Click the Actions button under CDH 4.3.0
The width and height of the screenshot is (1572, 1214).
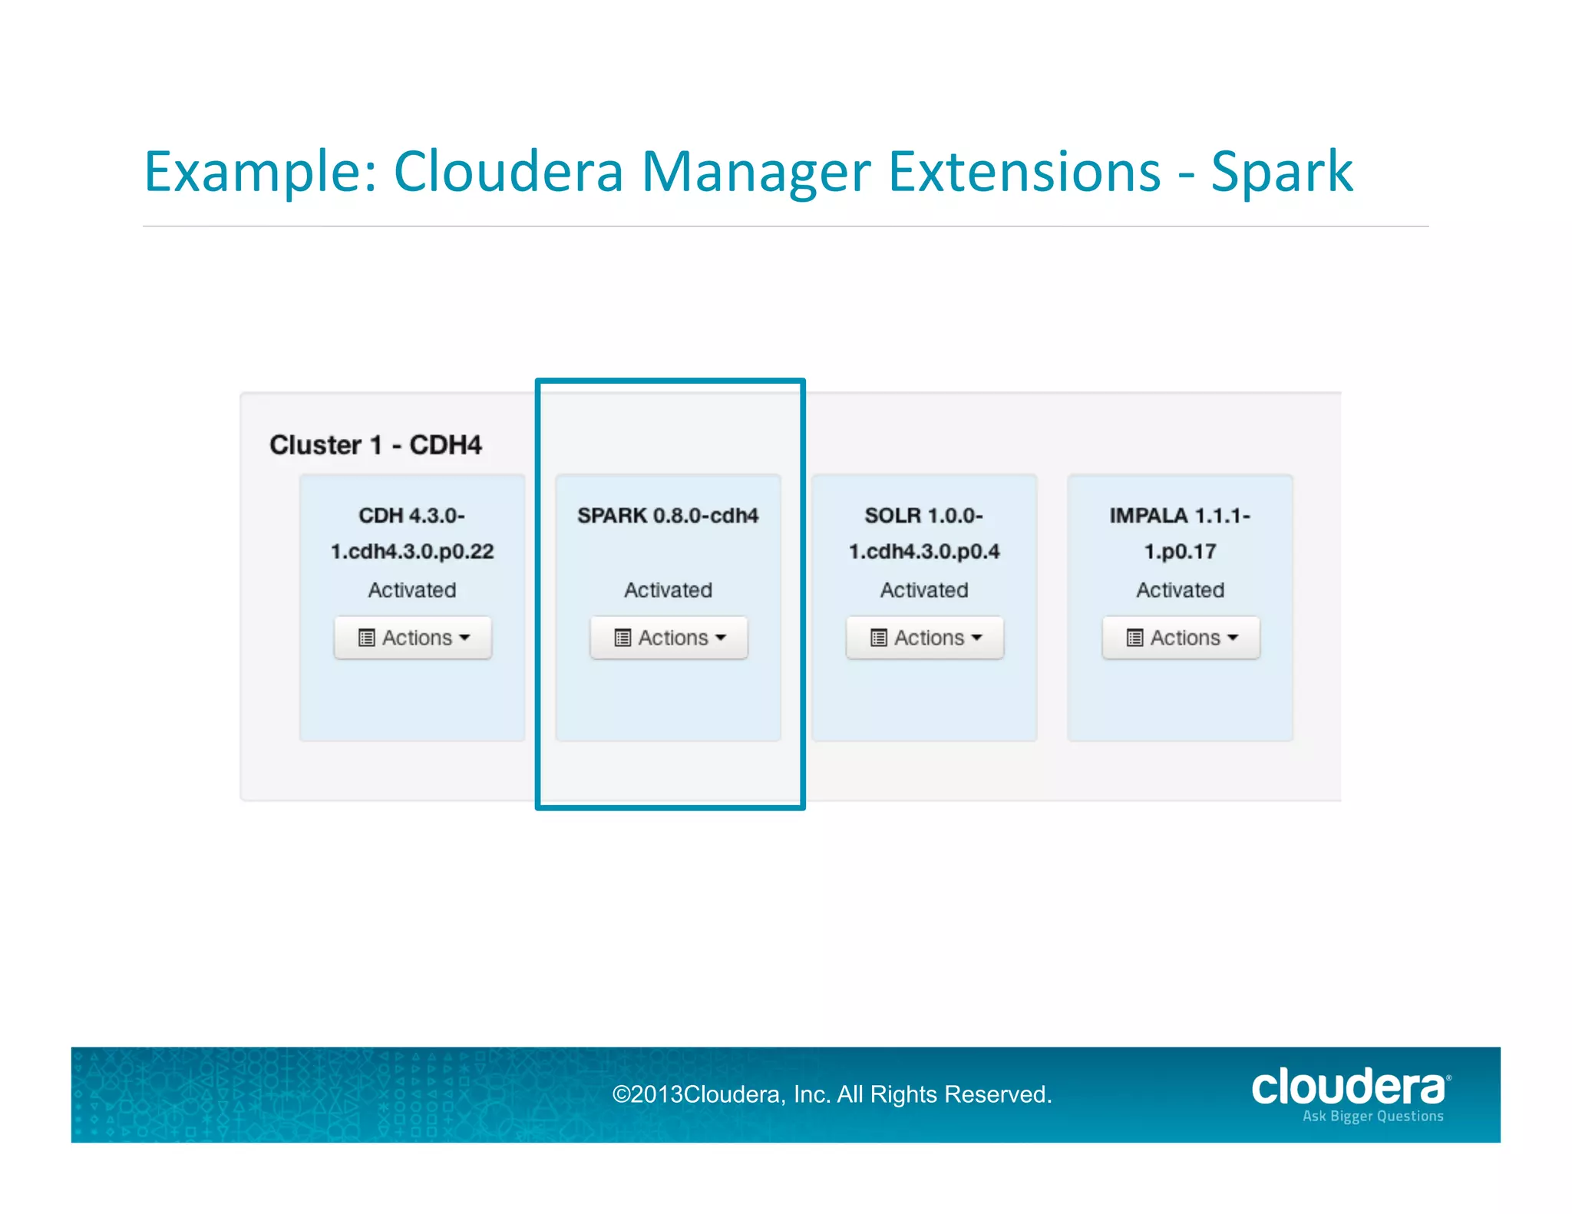coord(413,638)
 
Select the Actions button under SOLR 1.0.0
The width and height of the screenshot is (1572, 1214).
coord(925,638)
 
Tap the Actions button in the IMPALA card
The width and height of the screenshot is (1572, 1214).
coord(1181,638)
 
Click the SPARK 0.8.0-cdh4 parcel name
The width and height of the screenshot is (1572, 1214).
coord(668,516)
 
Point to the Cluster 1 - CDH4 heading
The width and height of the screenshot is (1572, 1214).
coord(375,445)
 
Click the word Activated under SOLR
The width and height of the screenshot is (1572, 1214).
coord(924,590)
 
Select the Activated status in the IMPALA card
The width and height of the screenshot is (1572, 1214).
coord(1181,590)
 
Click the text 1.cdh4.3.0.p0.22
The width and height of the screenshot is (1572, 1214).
coord(412,552)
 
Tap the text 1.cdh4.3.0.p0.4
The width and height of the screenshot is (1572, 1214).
coord(924,552)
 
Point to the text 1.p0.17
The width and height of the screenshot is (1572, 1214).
coord(1181,552)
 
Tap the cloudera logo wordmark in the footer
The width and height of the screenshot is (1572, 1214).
coord(1348,1088)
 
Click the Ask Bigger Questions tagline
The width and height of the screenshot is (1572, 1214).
coord(1372,1117)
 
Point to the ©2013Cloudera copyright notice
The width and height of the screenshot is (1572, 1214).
coord(831,1094)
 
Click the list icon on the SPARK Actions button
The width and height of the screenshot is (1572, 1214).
coord(623,638)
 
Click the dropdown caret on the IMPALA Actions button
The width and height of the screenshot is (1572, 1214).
coord(1233,638)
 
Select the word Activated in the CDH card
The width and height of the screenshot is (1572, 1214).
coord(412,590)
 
